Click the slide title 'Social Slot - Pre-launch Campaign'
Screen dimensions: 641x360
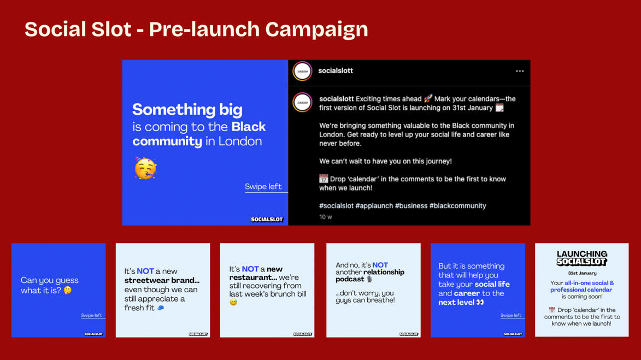coord(196,29)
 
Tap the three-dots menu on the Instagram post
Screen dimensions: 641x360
coord(520,71)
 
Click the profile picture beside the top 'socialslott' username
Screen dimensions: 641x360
coord(302,71)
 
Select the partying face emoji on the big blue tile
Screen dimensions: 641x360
coord(145,168)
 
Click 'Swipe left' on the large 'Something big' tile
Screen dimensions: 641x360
coord(263,187)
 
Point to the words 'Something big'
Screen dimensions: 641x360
coord(187,109)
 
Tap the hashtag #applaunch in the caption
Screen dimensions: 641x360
coord(374,205)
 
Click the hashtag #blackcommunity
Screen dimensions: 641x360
coord(457,205)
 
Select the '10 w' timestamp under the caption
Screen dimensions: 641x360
coord(325,217)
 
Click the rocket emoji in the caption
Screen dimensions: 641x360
coord(427,98)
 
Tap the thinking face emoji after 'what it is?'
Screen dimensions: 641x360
coord(67,290)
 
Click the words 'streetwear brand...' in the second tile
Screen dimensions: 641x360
coord(162,280)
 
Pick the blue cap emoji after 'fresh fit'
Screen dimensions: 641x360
coord(161,308)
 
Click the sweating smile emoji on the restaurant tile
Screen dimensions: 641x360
coord(233,302)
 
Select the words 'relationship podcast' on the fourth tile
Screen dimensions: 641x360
coord(370,275)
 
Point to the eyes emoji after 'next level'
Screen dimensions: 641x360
coord(480,303)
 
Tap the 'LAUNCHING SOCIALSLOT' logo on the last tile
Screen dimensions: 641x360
coord(582,258)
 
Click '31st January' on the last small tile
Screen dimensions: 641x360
coord(582,273)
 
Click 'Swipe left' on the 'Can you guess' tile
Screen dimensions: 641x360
coord(92,315)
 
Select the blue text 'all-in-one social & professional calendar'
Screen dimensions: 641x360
coord(582,286)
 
